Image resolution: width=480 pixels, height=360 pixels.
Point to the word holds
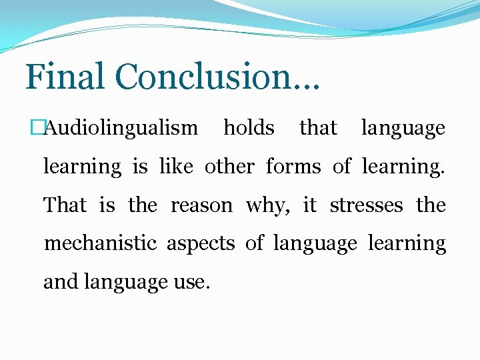pos(249,128)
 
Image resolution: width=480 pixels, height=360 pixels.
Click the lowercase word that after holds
pos(318,128)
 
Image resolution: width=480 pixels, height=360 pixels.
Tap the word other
pos(229,167)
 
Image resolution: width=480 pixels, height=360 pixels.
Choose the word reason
pos(201,205)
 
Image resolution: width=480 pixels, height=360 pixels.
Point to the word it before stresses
pos(309,205)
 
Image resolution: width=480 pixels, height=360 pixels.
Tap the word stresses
pos(366,205)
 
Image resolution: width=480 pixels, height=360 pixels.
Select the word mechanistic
pos(100,244)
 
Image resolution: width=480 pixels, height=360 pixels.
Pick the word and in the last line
pos(61,283)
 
